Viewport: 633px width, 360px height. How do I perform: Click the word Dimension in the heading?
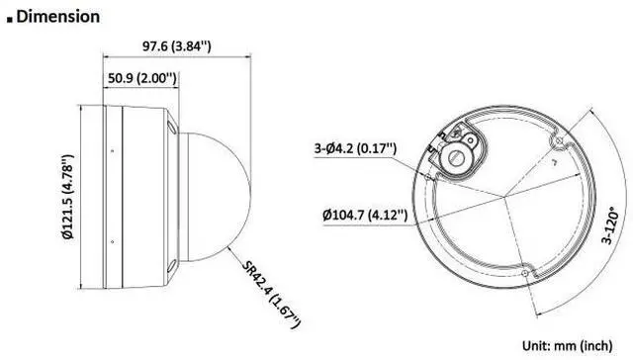(x=58, y=16)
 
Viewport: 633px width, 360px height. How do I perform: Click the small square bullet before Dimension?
(x=10, y=18)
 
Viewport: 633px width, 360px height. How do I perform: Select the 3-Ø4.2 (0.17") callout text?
(x=355, y=148)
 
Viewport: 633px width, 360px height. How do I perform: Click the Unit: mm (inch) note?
(x=574, y=346)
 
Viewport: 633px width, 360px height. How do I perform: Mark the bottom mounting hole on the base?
(x=525, y=268)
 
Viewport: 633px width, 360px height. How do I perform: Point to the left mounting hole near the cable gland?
(x=432, y=146)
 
